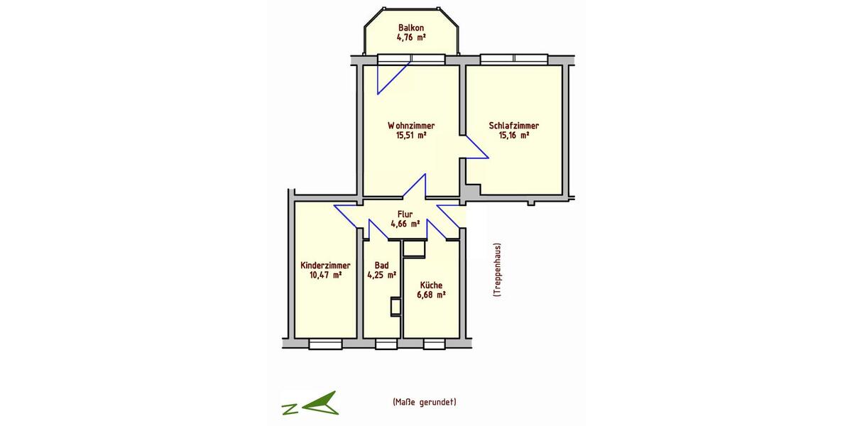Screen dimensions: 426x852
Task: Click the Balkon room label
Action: point(411,28)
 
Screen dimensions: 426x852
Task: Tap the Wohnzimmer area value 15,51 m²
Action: point(411,135)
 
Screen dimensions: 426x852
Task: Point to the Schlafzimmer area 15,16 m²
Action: point(513,135)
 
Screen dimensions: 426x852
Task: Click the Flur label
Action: point(405,213)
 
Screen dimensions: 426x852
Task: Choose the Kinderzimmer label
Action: point(326,265)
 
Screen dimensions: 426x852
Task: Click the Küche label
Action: point(431,285)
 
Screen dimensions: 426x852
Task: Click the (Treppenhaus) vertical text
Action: point(498,271)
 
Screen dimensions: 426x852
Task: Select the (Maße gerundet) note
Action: point(424,402)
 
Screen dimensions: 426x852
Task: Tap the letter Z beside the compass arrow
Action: point(289,408)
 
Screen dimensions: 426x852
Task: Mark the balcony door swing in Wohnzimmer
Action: point(390,77)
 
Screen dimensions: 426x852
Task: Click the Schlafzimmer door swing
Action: point(476,147)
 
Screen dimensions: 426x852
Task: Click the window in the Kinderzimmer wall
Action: point(325,344)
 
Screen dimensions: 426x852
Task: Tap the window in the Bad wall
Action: point(386,344)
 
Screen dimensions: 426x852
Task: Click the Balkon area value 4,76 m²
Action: point(411,37)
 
